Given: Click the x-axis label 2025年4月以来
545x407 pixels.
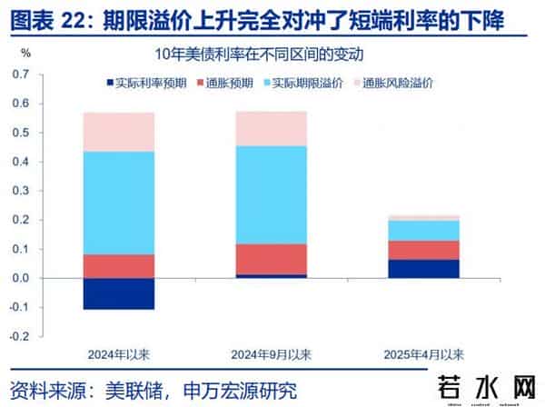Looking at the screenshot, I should [421, 354].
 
